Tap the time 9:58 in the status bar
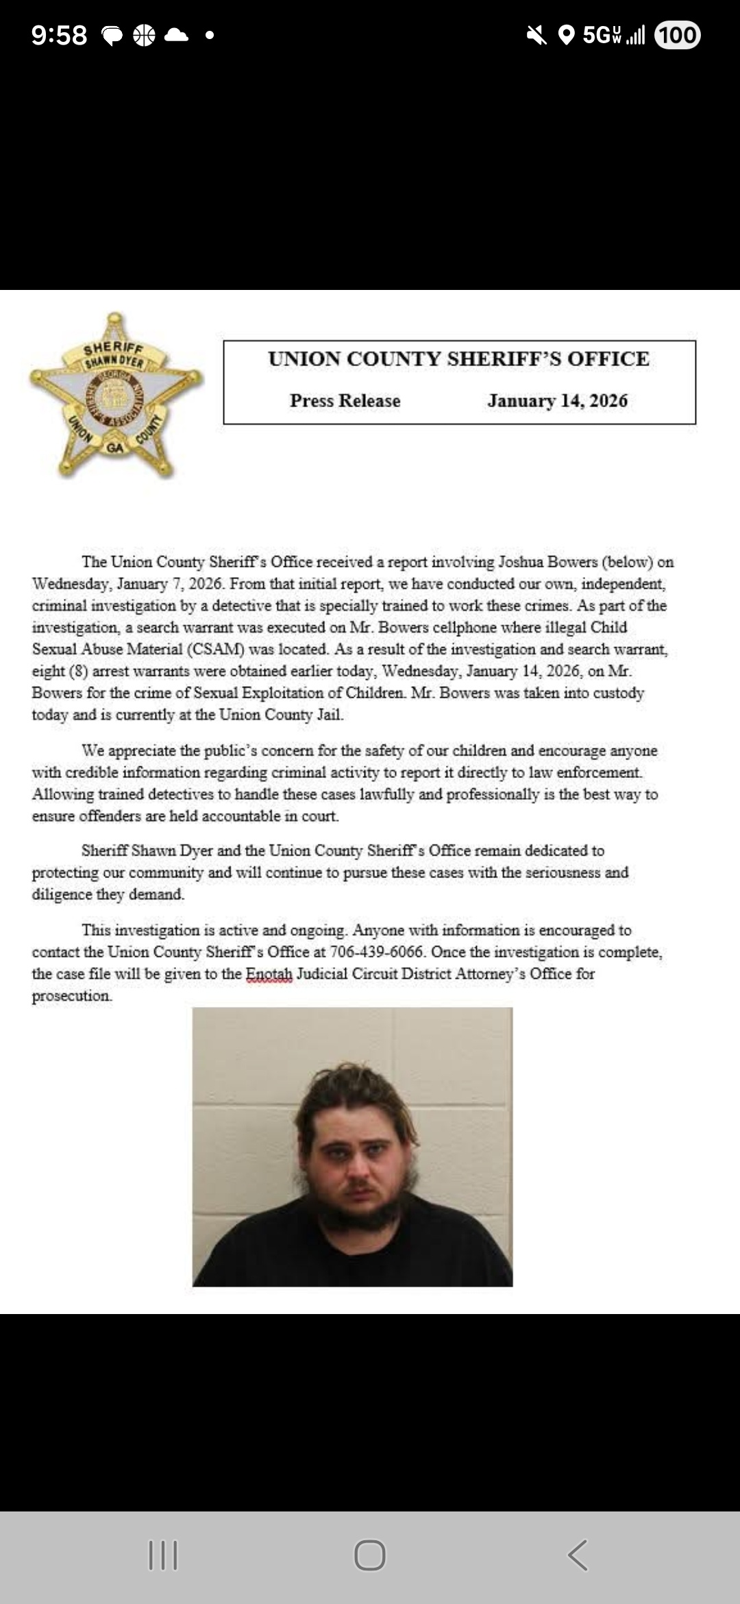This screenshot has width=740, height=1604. point(60,35)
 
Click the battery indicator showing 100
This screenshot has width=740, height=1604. point(677,35)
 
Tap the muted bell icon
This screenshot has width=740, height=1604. point(536,35)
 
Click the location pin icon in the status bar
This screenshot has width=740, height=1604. point(566,35)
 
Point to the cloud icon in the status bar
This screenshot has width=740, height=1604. point(176,35)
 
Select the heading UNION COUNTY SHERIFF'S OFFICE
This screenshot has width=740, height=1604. point(458,359)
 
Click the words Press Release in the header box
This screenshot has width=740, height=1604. point(345,401)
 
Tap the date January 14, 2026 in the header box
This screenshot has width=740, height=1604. point(557,401)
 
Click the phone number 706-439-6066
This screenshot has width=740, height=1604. point(376,952)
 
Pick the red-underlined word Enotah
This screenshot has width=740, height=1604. point(269,974)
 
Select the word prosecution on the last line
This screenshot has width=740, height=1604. point(71,996)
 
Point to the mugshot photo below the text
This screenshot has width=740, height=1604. point(352,1146)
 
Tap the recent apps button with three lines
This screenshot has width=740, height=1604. point(163,1555)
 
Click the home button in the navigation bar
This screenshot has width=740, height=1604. point(370,1555)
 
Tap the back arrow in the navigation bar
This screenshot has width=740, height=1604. point(578,1555)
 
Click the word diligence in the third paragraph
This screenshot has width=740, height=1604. point(64,895)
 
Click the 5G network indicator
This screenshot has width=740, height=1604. point(601,35)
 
